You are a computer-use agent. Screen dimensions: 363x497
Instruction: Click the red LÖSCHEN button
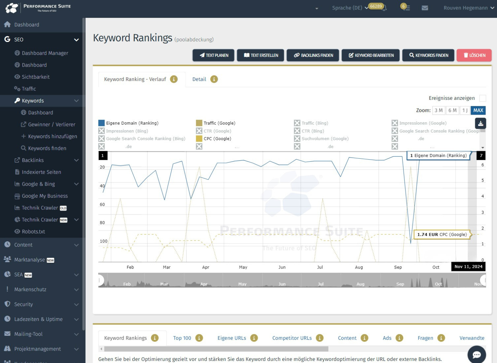click(x=474, y=55)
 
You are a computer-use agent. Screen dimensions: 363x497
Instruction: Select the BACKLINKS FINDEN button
click(x=313, y=55)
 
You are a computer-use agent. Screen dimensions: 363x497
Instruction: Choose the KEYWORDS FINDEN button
click(x=428, y=55)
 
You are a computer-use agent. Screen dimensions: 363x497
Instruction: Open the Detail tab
click(x=199, y=79)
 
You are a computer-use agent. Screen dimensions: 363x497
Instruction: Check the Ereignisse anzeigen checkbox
click(x=483, y=98)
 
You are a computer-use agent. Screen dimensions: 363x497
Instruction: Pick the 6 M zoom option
click(x=452, y=110)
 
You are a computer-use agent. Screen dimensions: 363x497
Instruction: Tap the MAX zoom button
click(x=478, y=110)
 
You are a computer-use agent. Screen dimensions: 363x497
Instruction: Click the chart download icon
click(x=481, y=124)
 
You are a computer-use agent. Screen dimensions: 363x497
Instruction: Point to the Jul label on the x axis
click(x=320, y=267)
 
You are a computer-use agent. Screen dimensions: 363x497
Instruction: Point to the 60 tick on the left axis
click(x=102, y=204)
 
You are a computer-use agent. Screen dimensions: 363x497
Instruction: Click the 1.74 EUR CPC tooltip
click(x=442, y=235)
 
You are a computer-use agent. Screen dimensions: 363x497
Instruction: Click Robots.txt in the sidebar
click(x=33, y=232)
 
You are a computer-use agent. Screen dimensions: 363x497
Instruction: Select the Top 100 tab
click(x=182, y=338)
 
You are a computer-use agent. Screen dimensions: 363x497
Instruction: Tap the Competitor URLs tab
click(x=292, y=338)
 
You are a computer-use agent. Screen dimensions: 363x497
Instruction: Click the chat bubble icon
click(x=477, y=355)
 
